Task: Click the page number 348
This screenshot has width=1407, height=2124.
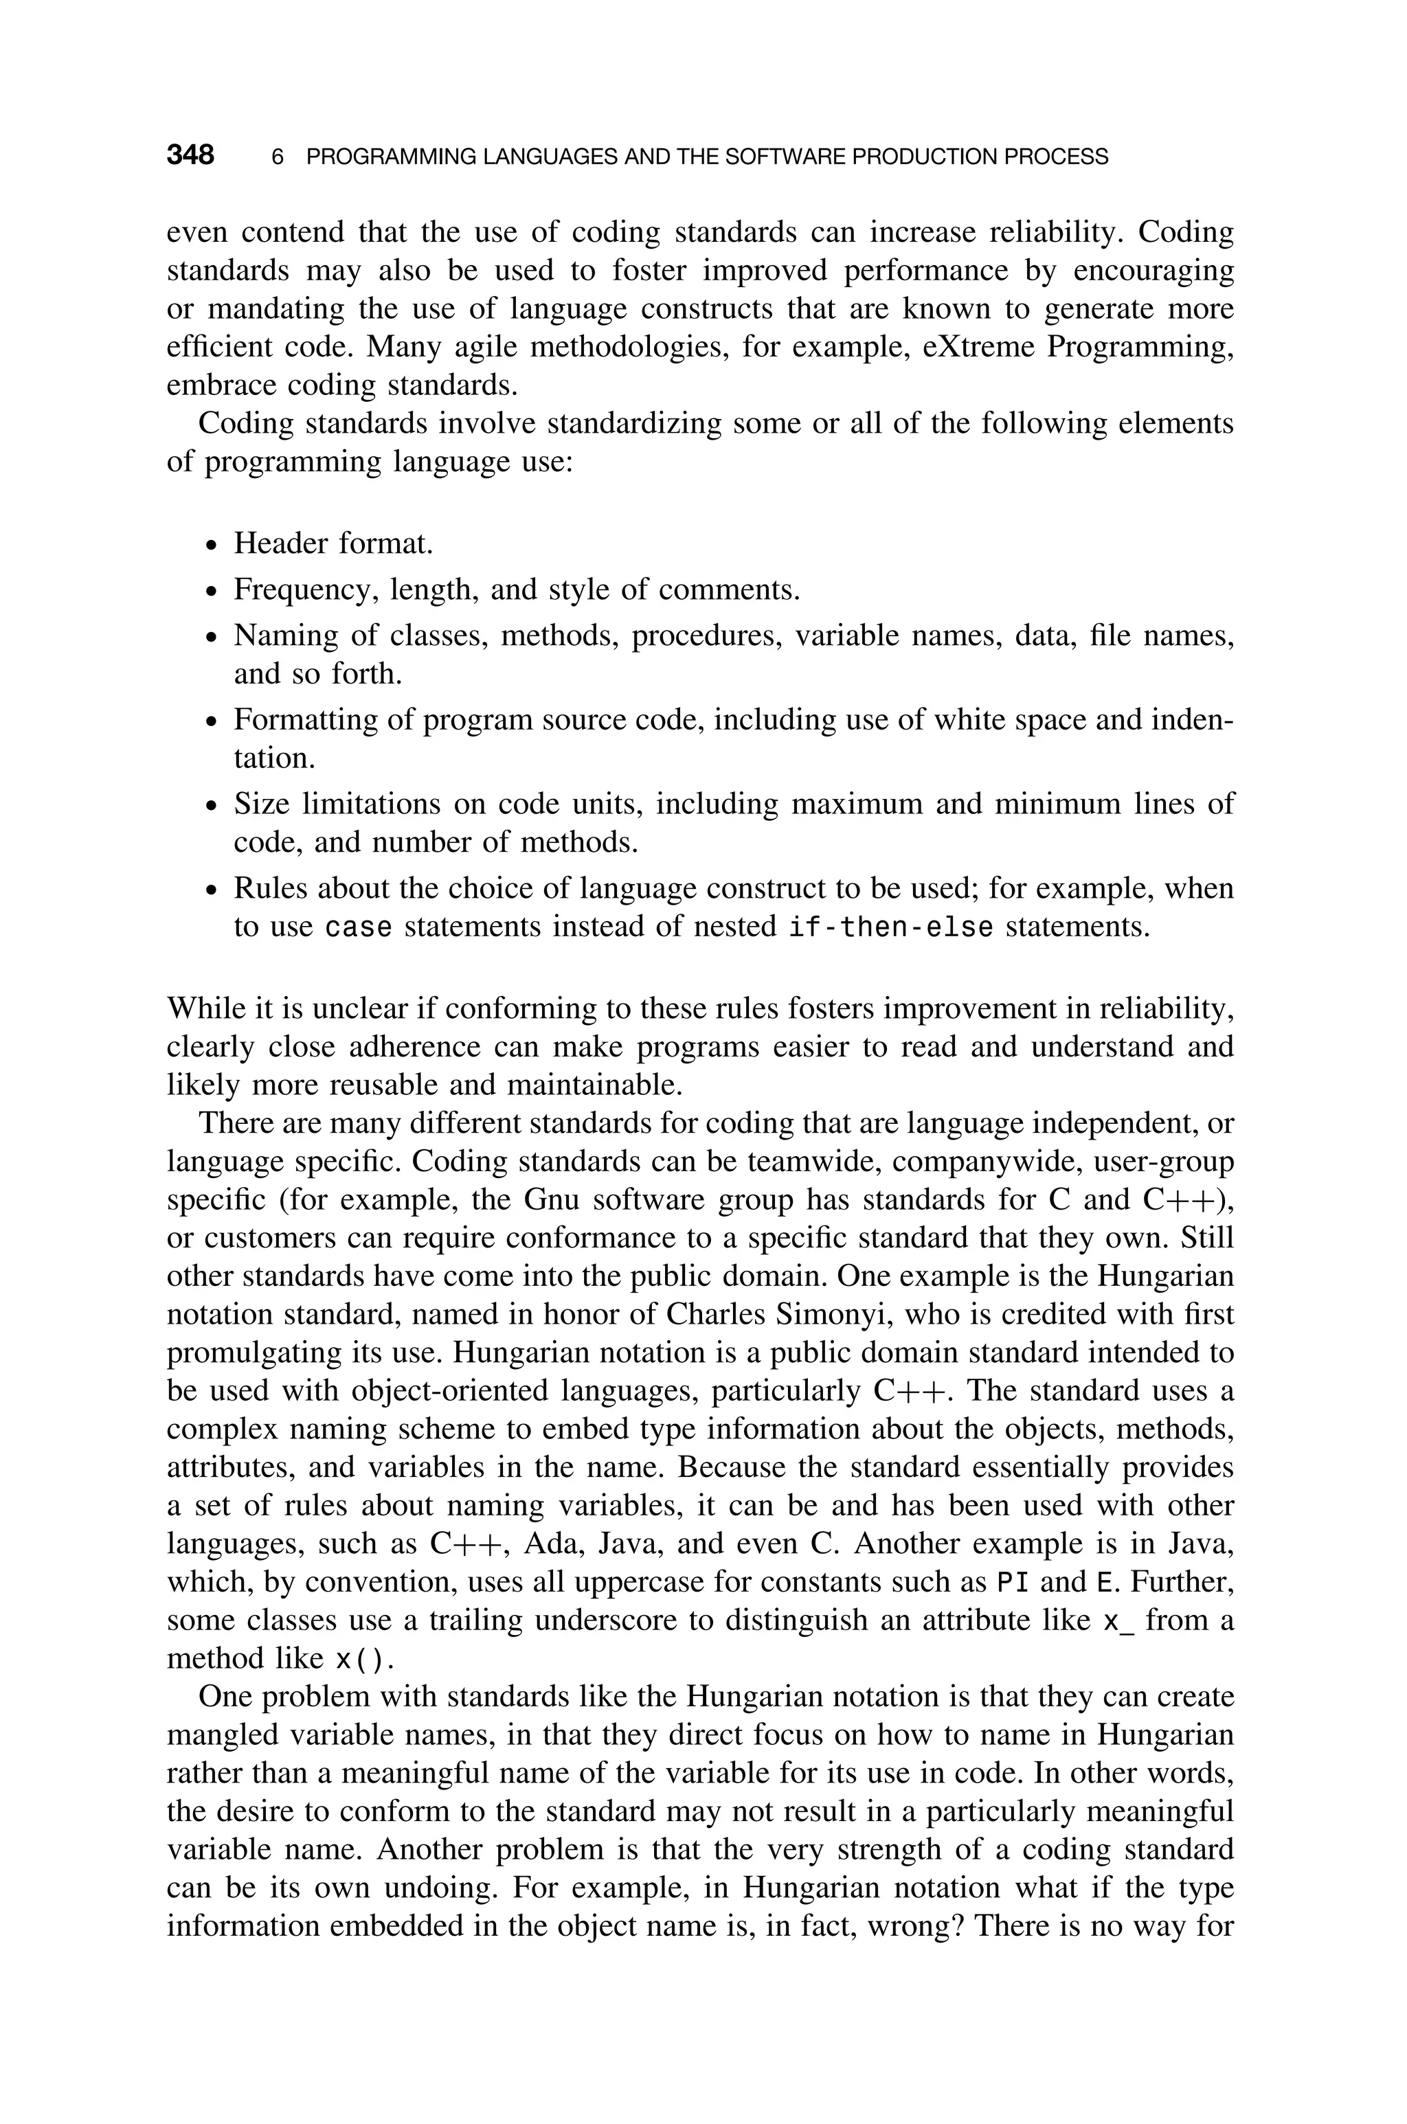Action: tap(190, 155)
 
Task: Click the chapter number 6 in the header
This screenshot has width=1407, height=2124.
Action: tap(278, 157)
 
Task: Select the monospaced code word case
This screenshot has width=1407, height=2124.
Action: tap(358, 927)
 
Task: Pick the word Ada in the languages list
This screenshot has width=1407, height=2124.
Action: tap(551, 1544)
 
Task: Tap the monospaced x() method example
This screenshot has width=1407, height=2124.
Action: tap(363, 1660)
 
